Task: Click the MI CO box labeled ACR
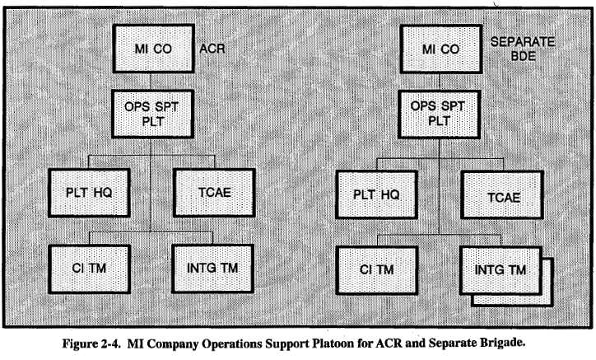[x=151, y=48]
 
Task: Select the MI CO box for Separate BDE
[x=440, y=48]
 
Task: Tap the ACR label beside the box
[x=212, y=49]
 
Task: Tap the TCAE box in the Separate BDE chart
[x=501, y=194]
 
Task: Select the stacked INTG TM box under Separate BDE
[x=502, y=268]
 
